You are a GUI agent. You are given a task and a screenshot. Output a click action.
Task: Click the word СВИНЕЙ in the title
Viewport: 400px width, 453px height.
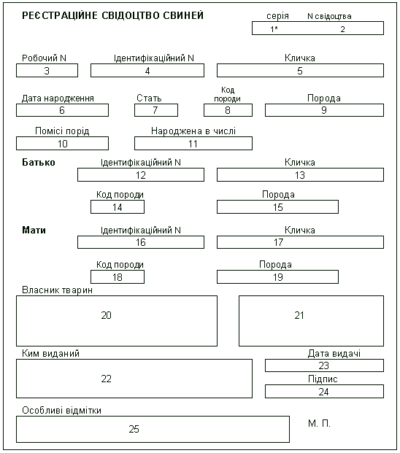click(x=183, y=15)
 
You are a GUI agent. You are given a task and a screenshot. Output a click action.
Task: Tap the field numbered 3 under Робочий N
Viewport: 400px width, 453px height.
click(x=47, y=71)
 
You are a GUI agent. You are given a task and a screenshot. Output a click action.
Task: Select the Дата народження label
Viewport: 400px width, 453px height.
click(x=58, y=98)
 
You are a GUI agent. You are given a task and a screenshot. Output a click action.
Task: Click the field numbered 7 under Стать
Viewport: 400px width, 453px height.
click(x=156, y=110)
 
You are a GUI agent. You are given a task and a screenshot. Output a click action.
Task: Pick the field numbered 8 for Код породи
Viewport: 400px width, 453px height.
click(x=228, y=110)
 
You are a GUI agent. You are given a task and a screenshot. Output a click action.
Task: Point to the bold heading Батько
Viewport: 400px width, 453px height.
click(x=39, y=163)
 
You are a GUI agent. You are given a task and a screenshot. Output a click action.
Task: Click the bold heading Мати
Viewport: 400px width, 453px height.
click(x=34, y=231)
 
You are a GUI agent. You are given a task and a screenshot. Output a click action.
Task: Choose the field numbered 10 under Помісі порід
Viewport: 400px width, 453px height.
click(x=63, y=143)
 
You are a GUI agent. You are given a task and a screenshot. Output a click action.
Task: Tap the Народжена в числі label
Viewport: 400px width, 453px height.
click(x=193, y=131)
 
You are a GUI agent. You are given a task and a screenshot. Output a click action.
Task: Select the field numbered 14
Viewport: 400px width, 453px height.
click(x=118, y=207)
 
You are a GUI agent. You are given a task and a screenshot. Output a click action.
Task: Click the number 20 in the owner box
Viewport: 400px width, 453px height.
click(x=106, y=315)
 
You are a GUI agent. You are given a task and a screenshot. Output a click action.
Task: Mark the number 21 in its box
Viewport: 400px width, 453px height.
click(x=299, y=315)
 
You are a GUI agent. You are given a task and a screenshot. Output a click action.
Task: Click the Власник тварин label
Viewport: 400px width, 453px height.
click(x=57, y=290)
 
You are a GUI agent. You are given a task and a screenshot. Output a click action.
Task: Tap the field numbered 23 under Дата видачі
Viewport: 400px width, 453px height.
click(x=324, y=365)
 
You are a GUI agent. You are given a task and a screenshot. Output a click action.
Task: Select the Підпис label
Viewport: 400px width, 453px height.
click(x=323, y=379)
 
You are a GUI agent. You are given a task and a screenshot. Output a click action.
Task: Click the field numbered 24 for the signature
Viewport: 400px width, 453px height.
click(x=324, y=392)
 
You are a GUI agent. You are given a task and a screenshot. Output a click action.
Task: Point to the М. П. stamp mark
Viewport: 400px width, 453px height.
click(x=319, y=424)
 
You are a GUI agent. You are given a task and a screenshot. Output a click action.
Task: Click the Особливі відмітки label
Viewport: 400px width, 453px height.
click(x=61, y=411)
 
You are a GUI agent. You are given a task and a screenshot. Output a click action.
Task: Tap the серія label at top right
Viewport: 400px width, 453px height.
click(x=277, y=16)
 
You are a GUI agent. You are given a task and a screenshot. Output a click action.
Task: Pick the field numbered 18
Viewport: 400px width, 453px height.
click(x=118, y=276)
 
